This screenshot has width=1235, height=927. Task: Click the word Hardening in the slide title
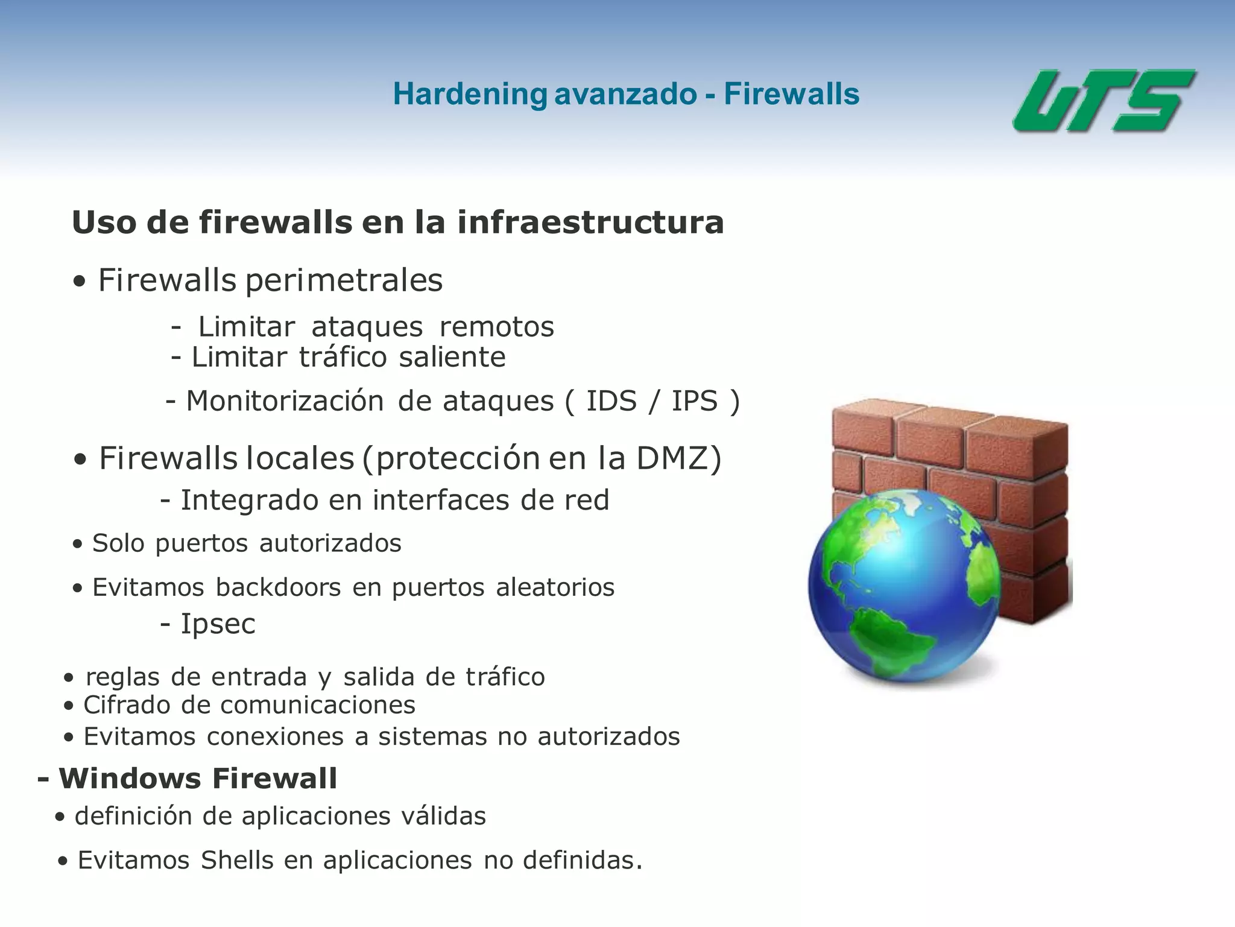tap(470, 95)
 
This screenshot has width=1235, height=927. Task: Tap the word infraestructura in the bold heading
tap(590, 222)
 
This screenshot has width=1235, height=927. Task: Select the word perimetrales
tap(344, 281)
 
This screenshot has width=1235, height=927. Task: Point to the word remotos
tap(496, 327)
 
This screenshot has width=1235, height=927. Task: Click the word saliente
tap(452, 357)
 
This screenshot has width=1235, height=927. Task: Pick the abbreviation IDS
tap(611, 401)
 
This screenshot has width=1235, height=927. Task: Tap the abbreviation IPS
tap(695, 401)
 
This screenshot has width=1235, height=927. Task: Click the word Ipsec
tap(218, 624)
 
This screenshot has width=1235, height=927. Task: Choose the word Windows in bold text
tap(130, 779)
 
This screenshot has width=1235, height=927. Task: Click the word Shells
tap(237, 861)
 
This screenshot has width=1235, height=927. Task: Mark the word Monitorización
tap(285, 401)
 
